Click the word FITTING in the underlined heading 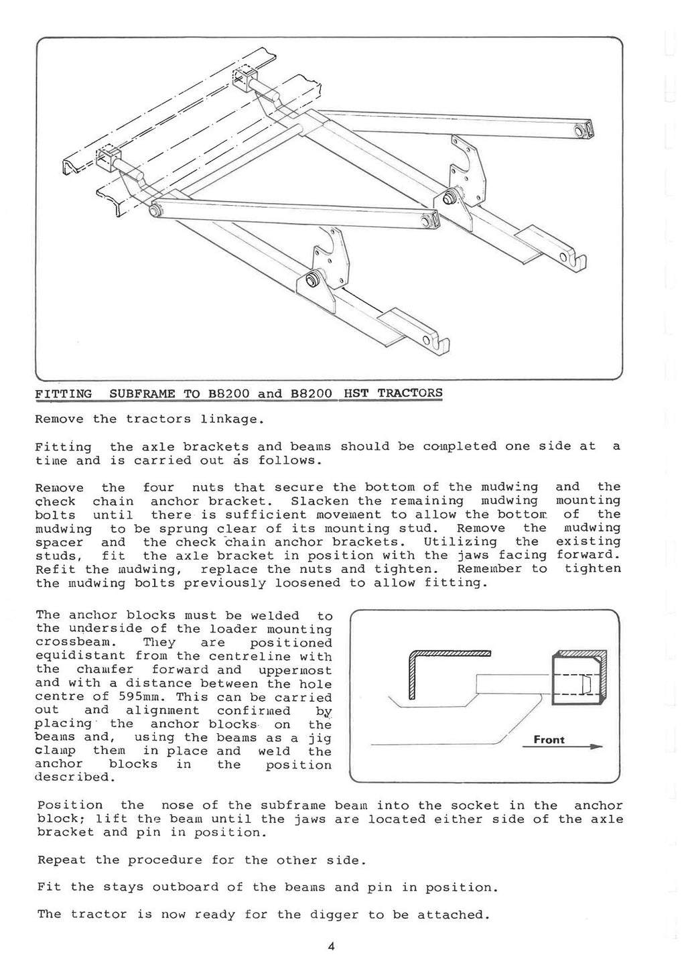[x=64, y=393]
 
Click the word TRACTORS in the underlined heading [x=410, y=393]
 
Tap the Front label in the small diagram [x=549, y=740]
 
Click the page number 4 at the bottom [x=331, y=947]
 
